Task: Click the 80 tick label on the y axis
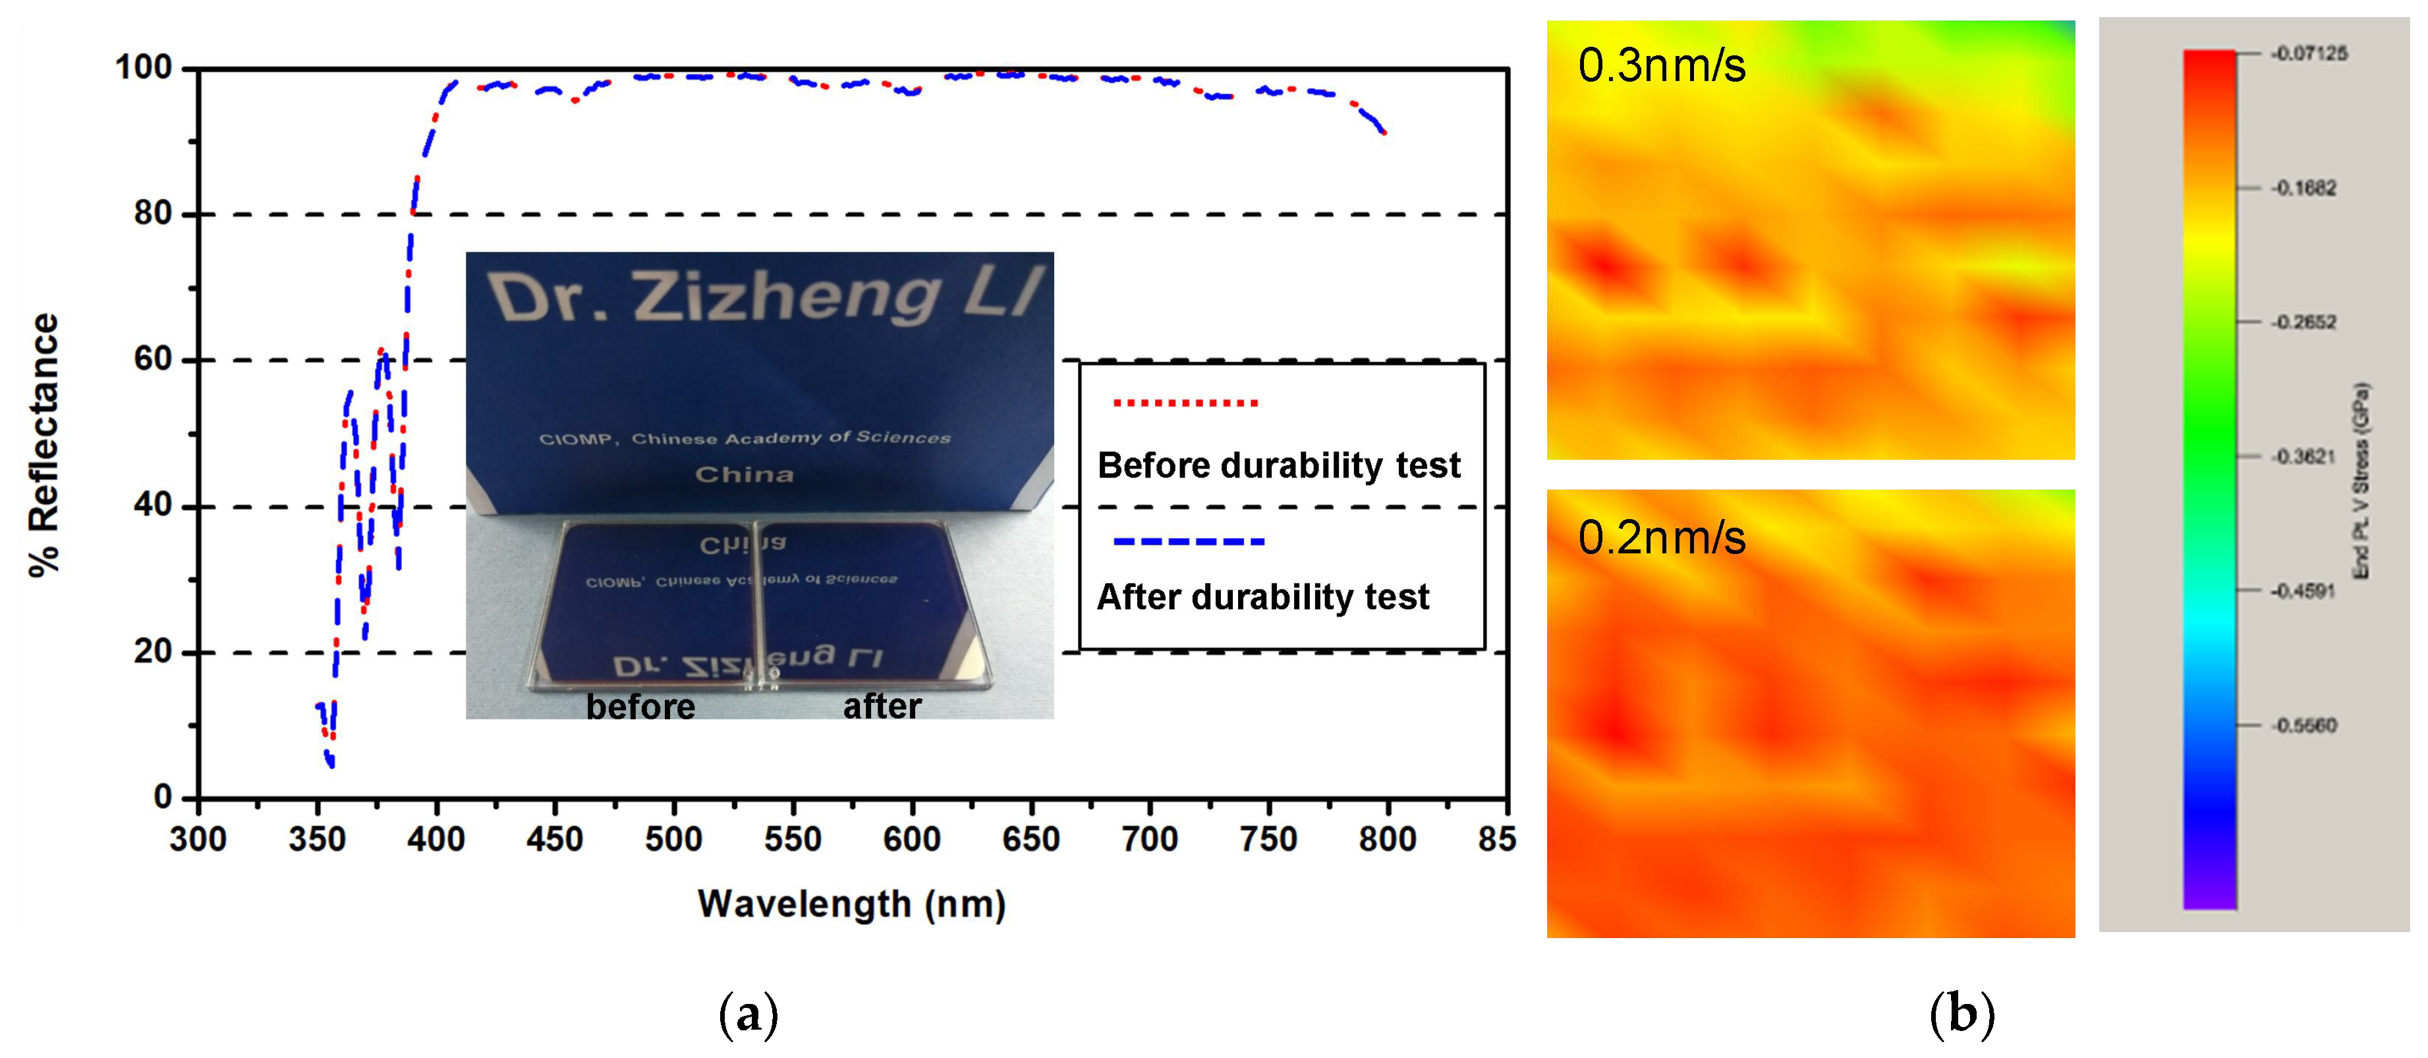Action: pos(153,214)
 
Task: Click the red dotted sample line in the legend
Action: pos(1186,403)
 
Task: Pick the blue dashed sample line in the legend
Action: pos(1189,542)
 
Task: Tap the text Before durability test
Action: pos(1279,465)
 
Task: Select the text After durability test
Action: pos(1263,598)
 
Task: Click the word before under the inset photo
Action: pos(641,707)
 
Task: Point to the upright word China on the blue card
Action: pos(744,474)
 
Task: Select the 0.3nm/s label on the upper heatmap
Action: pos(1662,66)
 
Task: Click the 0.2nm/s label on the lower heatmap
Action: pos(1662,538)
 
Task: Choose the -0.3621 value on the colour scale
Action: pos(2303,457)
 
